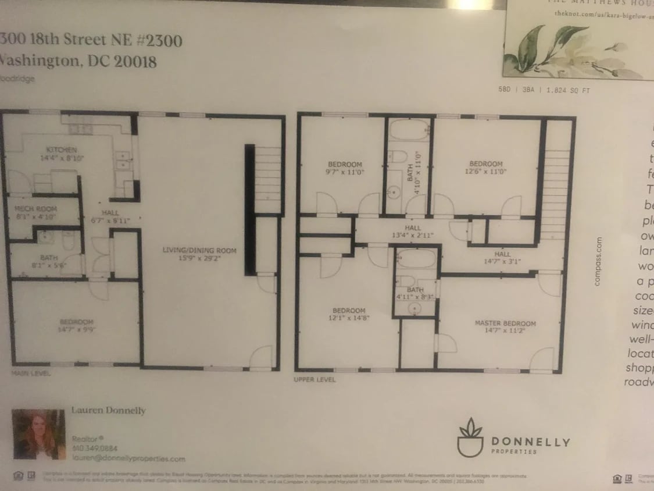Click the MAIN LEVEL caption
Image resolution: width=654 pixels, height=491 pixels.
pos(31,373)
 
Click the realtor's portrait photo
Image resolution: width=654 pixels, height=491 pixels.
pos(38,434)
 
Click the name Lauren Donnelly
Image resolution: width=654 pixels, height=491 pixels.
pos(108,410)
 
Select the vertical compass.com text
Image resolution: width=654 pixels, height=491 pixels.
pos(597,262)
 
